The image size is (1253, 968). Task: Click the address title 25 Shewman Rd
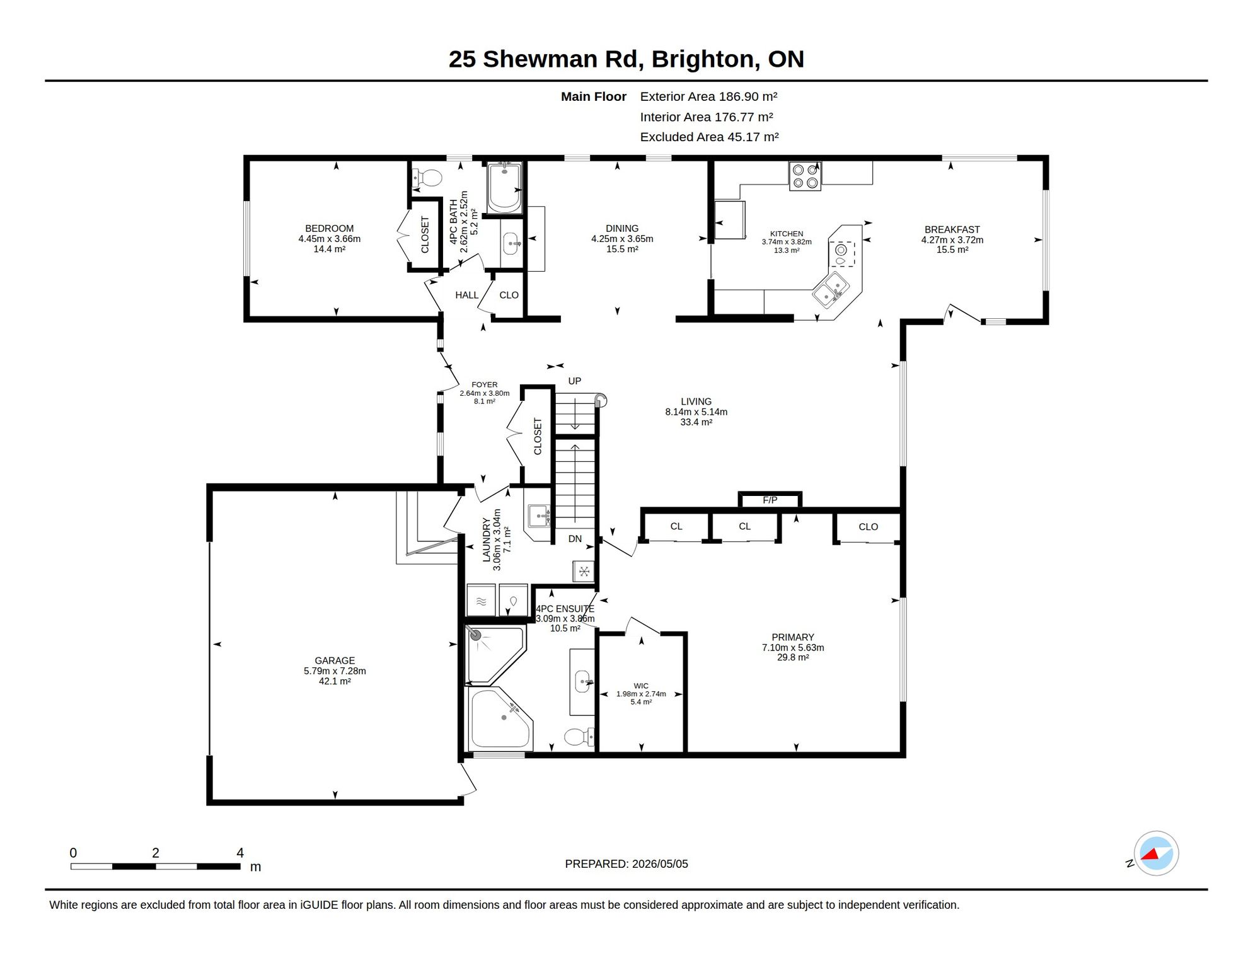click(x=546, y=59)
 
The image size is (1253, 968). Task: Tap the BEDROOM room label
click(x=329, y=229)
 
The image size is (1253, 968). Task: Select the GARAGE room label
click(x=335, y=660)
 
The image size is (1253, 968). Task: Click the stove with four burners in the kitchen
click(x=805, y=176)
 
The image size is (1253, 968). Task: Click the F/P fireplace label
click(x=770, y=500)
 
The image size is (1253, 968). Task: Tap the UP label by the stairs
click(x=574, y=381)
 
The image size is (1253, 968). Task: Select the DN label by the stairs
click(x=575, y=539)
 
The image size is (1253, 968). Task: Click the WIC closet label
click(x=641, y=686)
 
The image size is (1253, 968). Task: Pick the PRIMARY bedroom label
click(x=793, y=637)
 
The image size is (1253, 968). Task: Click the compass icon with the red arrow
click(x=1156, y=853)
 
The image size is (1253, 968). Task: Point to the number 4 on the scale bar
click(x=240, y=853)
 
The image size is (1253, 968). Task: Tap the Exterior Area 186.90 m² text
click(x=708, y=96)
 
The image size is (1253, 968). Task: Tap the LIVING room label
click(x=696, y=401)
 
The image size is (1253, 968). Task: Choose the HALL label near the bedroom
click(x=466, y=295)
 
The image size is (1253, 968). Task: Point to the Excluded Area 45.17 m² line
click(x=709, y=137)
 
